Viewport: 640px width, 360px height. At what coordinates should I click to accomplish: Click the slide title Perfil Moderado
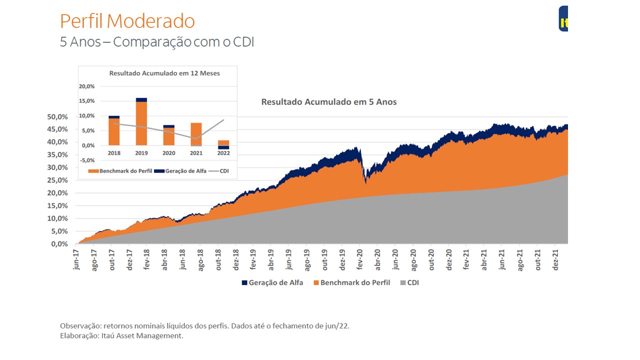tap(127, 21)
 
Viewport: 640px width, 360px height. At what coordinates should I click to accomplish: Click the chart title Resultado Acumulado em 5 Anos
tap(328, 102)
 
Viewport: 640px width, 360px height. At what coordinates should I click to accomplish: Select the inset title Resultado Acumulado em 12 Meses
tap(164, 73)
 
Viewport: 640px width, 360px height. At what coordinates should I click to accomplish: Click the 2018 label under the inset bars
tap(114, 153)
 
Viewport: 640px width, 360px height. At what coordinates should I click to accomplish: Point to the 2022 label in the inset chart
tap(223, 153)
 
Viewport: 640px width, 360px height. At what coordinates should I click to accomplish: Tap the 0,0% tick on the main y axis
tap(58, 244)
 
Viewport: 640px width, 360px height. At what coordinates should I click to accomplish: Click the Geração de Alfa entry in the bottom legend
tap(272, 282)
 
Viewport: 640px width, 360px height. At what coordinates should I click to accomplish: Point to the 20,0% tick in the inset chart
tap(86, 86)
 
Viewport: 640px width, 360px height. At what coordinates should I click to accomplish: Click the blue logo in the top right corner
tap(563, 19)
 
